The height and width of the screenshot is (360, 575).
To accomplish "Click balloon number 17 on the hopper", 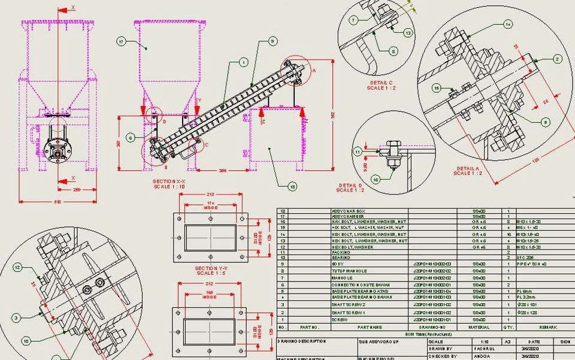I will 121,41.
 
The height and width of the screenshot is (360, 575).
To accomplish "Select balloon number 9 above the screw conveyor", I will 272,41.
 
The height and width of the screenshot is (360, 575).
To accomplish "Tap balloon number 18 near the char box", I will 292,186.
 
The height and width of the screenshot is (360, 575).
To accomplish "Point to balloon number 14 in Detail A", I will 508,25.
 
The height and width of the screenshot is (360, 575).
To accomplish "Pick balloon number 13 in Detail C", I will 408,34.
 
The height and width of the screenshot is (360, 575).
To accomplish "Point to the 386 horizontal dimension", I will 222,171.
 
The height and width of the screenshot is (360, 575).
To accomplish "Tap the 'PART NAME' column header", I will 370,327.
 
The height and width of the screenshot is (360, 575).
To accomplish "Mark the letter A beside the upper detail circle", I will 313,69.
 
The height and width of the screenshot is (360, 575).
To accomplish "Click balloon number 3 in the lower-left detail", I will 17,317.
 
